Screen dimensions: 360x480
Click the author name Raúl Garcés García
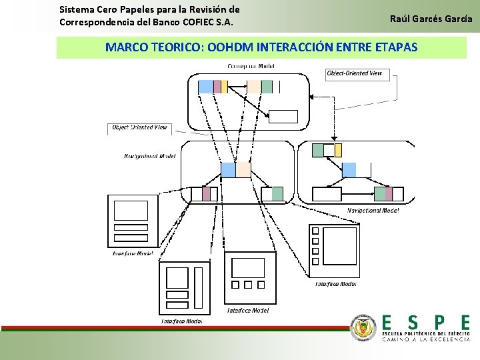(431, 19)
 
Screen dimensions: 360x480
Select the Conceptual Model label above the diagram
(251, 66)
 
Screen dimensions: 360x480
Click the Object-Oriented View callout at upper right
(355, 73)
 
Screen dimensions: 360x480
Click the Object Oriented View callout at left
(139, 127)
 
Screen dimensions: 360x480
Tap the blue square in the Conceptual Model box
(206, 87)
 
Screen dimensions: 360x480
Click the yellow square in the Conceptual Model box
(224, 87)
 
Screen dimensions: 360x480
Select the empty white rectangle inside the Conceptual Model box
(283, 117)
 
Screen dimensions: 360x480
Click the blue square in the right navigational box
(349, 169)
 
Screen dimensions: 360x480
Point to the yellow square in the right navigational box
(337, 149)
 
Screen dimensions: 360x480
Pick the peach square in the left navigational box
(243, 169)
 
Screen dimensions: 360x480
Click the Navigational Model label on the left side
(150, 157)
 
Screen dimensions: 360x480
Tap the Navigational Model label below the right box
(373, 211)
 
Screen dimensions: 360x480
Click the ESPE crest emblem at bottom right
(363, 327)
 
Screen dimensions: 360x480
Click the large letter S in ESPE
(413, 323)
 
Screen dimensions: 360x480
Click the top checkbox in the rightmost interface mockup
(316, 231)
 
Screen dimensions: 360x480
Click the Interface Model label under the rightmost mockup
(335, 284)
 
